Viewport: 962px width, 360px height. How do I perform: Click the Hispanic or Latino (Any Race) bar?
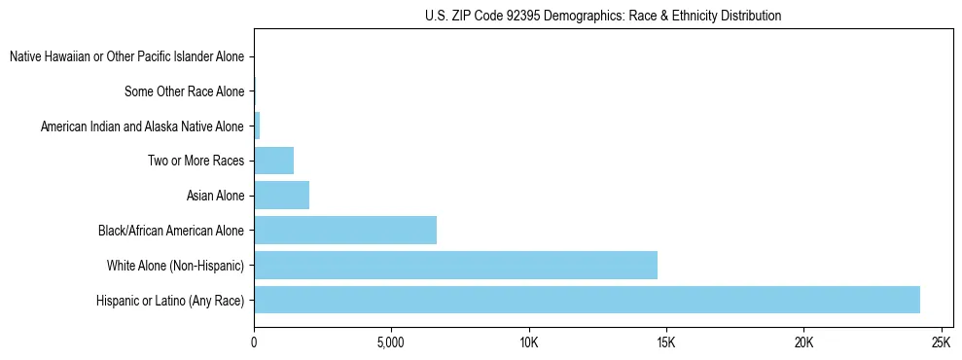[587, 300]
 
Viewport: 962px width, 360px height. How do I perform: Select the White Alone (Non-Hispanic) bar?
[455, 265]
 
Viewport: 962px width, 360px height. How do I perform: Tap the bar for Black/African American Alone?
[345, 231]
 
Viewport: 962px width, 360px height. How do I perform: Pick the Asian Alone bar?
[281, 196]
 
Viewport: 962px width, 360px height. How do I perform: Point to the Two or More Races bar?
[273, 161]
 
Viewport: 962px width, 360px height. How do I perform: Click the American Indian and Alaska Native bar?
[257, 126]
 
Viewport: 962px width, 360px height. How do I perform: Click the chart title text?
[603, 16]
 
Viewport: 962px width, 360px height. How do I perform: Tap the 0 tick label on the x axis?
[254, 343]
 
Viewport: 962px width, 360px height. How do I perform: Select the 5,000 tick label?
[390, 343]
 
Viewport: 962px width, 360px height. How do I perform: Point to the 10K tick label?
[528, 343]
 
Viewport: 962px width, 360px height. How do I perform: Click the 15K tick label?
[665, 343]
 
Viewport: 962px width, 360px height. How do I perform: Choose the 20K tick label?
[803, 343]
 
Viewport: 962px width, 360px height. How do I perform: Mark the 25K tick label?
[941, 343]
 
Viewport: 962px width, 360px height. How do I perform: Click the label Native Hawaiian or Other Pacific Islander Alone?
[126, 57]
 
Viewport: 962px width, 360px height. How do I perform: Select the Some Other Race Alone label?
[184, 92]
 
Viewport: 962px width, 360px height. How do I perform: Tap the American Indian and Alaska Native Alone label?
[142, 126]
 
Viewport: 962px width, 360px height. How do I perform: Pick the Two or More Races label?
[196, 162]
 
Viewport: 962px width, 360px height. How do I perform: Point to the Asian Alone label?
[215, 197]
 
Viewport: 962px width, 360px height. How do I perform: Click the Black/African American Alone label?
[171, 231]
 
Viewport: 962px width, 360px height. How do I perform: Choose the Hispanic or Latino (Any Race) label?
[170, 301]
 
